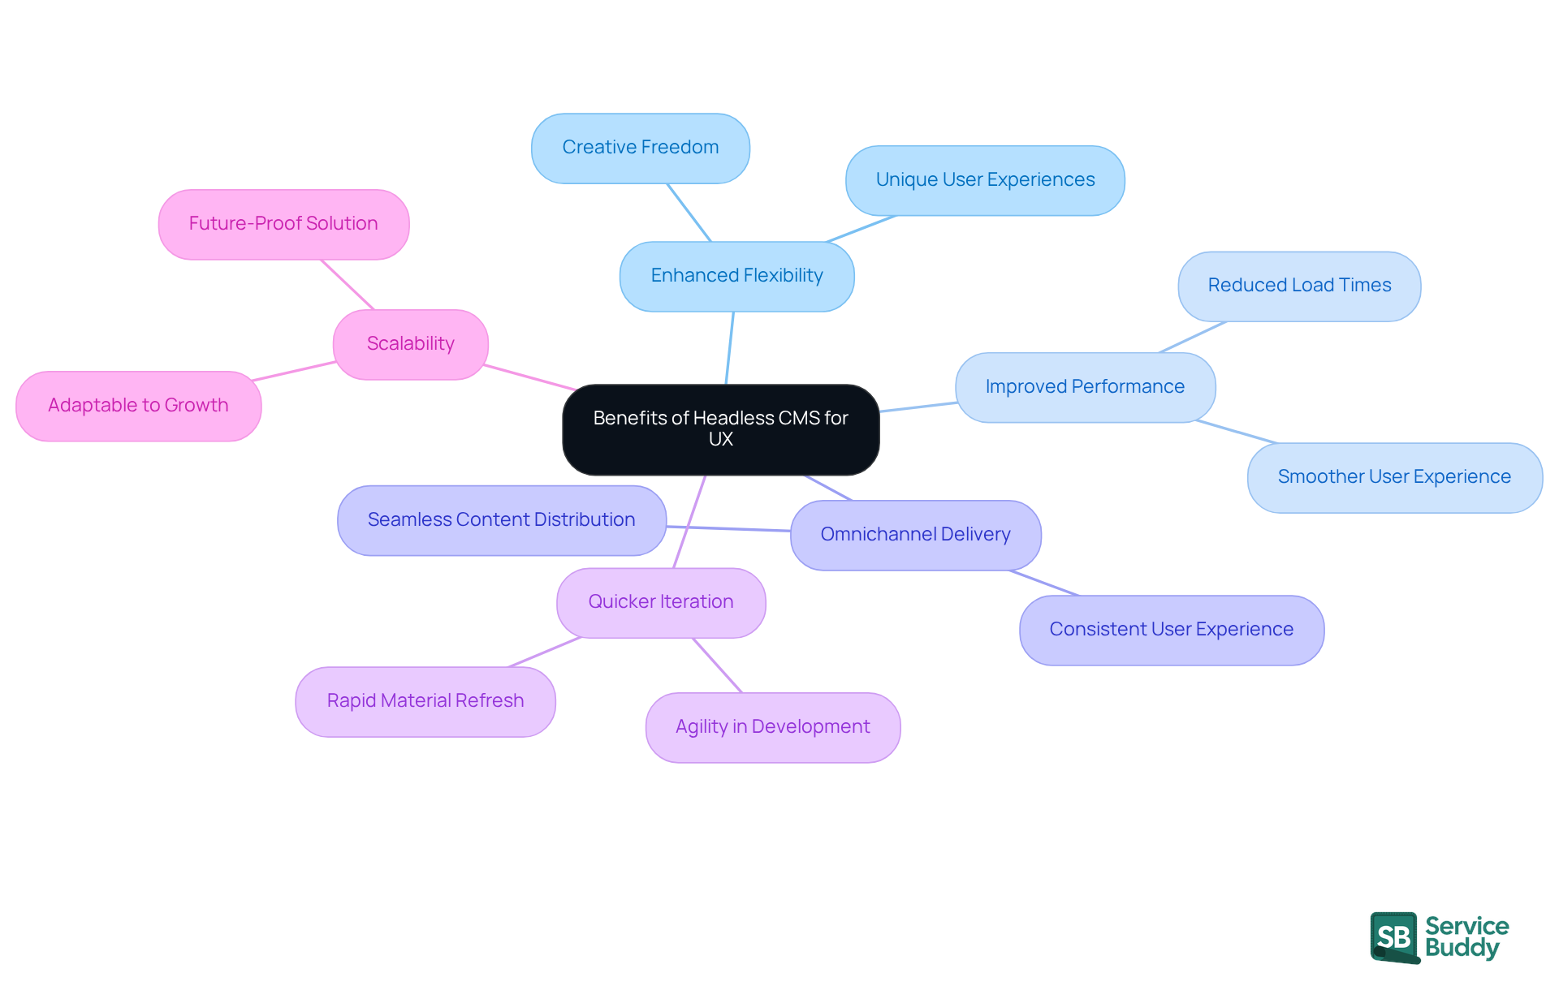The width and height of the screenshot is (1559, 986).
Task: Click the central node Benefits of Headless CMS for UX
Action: (720, 429)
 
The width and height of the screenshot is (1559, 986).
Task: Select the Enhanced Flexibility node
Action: (736, 276)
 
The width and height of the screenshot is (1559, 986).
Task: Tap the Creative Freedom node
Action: (640, 148)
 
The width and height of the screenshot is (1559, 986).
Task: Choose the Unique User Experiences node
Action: (984, 180)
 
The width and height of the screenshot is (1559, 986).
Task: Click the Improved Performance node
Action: (1084, 387)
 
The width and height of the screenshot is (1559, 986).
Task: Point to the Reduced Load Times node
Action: (1298, 286)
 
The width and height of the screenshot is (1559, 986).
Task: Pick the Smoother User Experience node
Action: (1393, 477)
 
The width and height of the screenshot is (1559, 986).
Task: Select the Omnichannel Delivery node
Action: (915, 535)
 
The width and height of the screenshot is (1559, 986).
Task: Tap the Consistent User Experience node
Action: (1171, 630)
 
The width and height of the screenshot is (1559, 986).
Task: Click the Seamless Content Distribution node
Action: (501, 520)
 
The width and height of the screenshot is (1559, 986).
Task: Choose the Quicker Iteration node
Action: (660, 602)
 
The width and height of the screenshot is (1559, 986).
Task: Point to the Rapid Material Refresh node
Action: (425, 701)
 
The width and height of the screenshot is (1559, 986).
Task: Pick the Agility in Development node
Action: (772, 727)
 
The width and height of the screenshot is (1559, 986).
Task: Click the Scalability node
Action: (410, 344)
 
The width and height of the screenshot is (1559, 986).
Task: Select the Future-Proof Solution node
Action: (283, 224)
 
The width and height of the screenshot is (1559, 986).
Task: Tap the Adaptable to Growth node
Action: (138, 406)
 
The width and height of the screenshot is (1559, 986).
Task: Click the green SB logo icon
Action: (1393, 937)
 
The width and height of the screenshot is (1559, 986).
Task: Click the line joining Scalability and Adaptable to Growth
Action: (294, 371)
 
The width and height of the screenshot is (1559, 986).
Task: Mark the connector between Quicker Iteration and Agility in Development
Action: (717, 665)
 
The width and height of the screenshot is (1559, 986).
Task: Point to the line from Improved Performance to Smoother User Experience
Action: (1236, 432)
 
